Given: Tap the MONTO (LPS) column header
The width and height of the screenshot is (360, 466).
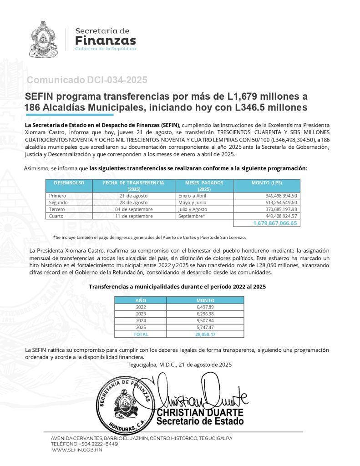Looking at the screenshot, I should [x=266, y=182].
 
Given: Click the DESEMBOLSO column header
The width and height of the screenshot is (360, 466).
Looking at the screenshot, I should [x=69, y=182].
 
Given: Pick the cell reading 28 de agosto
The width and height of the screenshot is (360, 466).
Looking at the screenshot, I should [x=133, y=202].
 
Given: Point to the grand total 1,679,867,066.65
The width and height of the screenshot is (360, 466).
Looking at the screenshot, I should [x=275, y=223].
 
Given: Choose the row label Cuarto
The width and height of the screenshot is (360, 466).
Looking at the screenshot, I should [x=56, y=216].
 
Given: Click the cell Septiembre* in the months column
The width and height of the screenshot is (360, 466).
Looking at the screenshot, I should [x=192, y=216].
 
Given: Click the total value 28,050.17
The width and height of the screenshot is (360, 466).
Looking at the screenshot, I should [x=204, y=334].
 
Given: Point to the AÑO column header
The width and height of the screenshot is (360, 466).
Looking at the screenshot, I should [x=141, y=300].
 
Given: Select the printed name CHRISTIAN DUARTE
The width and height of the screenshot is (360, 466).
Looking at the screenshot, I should [x=200, y=412].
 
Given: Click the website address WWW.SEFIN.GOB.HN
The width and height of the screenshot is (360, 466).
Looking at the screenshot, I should [x=77, y=450].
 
